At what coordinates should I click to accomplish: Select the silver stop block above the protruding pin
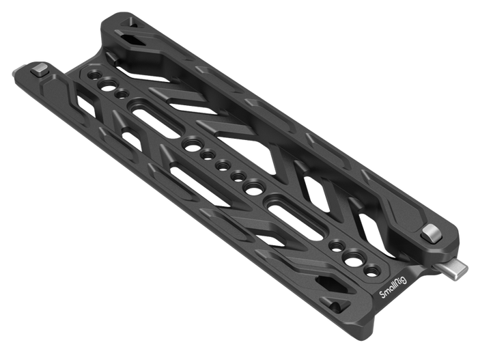431,234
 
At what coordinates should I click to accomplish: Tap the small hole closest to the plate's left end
93,74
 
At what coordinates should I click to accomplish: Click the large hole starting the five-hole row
191,144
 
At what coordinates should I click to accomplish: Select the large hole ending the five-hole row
254,188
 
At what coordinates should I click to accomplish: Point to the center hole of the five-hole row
222,166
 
